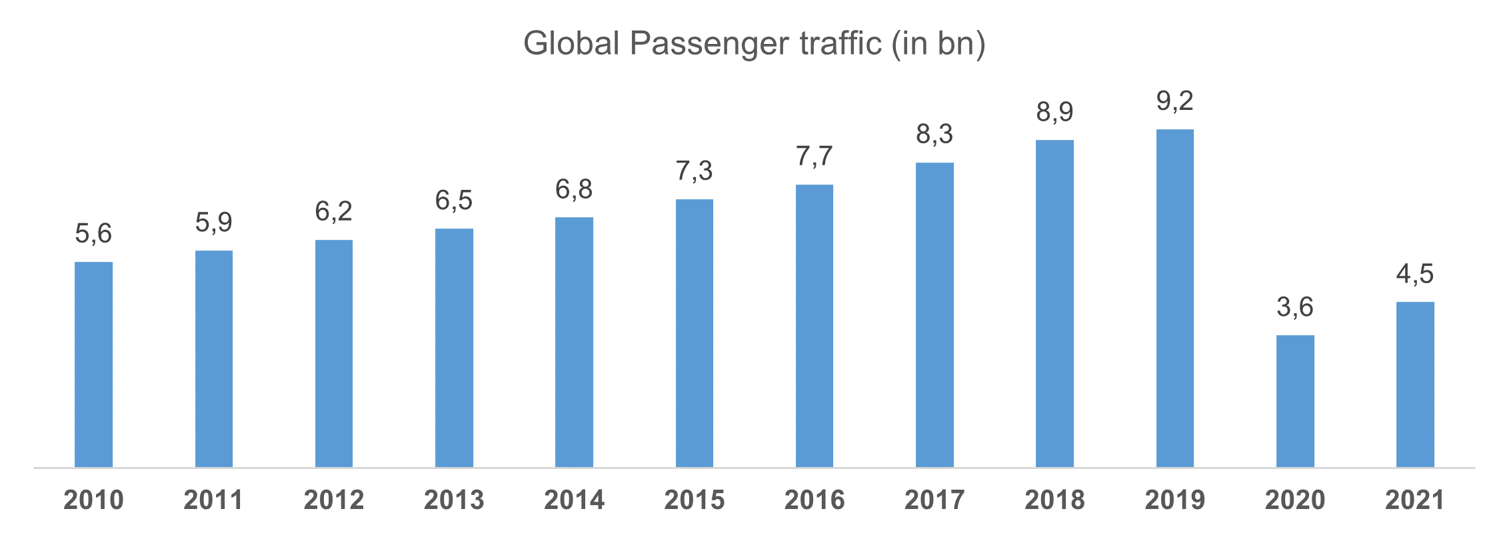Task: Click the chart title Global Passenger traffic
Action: (x=754, y=44)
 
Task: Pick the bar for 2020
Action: (x=1294, y=400)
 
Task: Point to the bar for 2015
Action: (x=694, y=332)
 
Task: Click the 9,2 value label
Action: (x=1174, y=101)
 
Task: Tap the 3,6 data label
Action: (x=1294, y=307)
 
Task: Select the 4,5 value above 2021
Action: (x=1414, y=274)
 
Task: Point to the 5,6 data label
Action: (x=93, y=234)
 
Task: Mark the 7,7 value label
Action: (x=814, y=157)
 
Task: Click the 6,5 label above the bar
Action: (x=454, y=201)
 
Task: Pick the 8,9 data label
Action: (x=1054, y=112)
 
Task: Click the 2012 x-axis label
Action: (x=334, y=500)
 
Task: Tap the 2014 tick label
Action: (x=574, y=500)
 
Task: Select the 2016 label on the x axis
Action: (x=814, y=500)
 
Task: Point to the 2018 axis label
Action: (x=1054, y=500)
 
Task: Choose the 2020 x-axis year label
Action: (x=1294, y=500)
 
